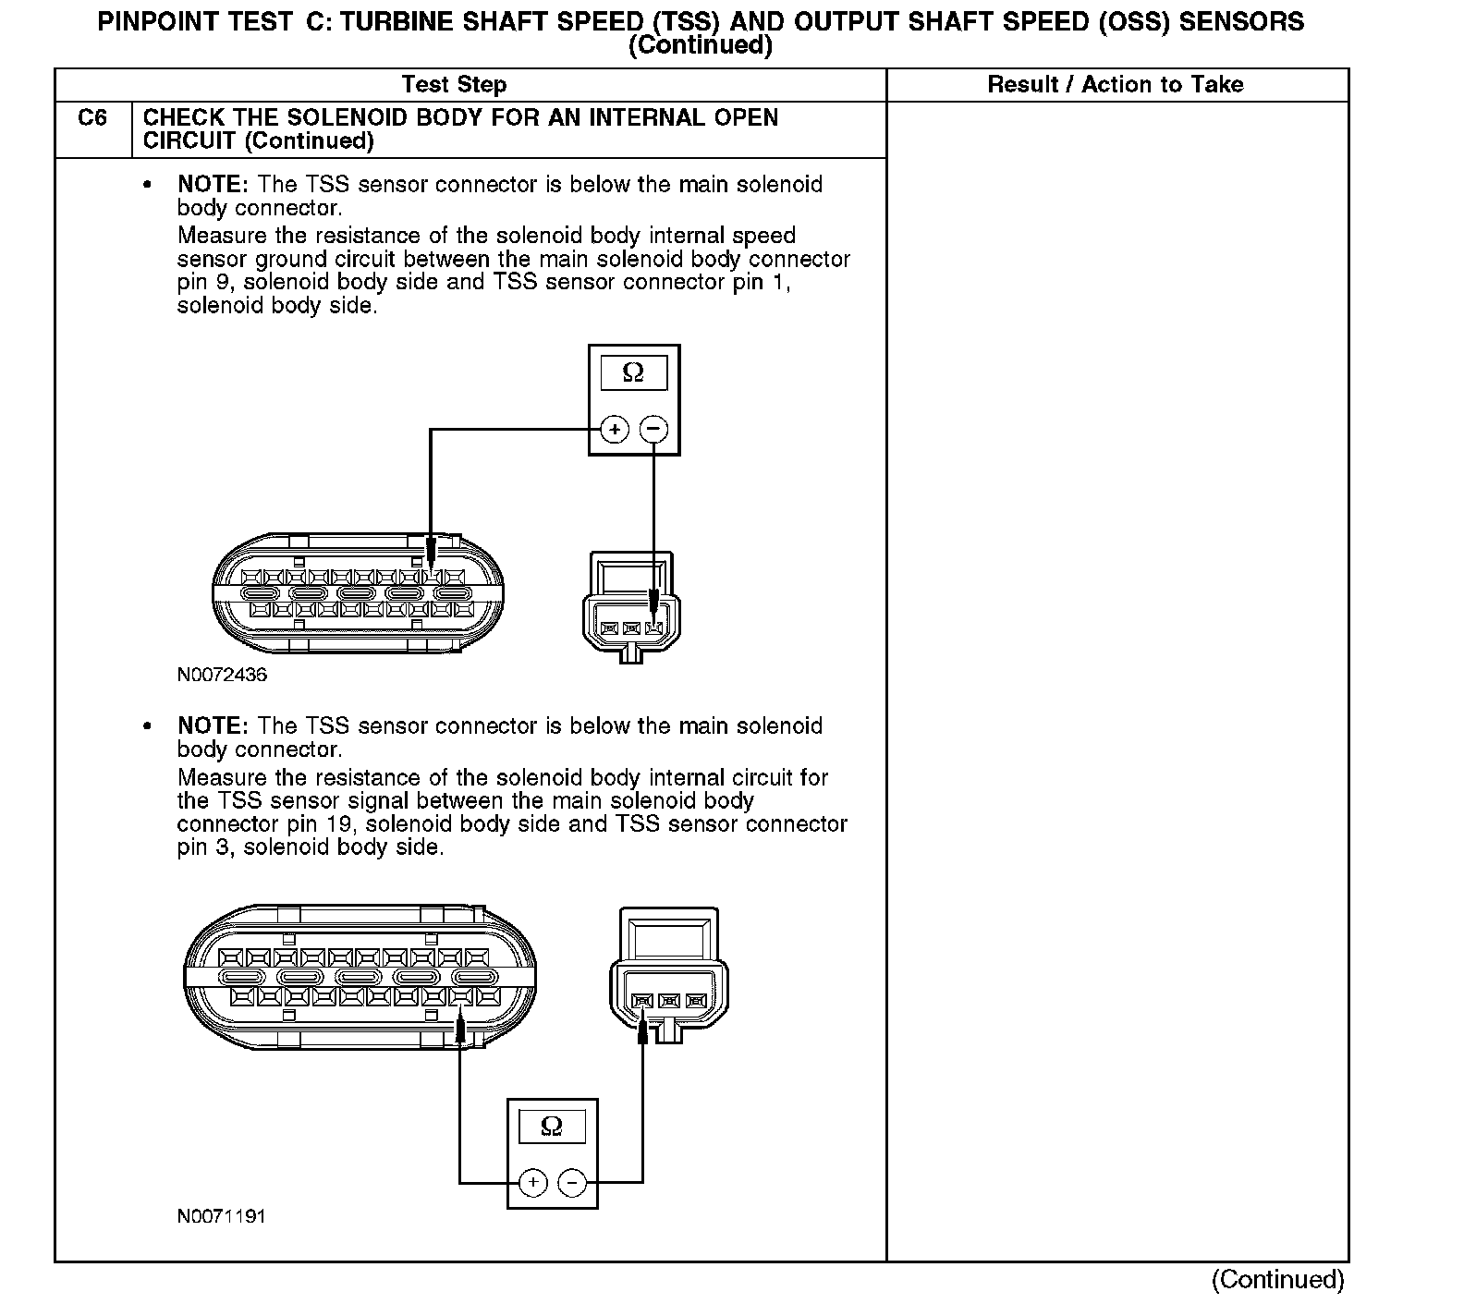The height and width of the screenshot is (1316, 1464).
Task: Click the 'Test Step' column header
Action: pos(454,85)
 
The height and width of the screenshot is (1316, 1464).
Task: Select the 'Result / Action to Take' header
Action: pos(1116,85)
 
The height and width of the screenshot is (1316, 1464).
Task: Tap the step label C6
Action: pos(92,118)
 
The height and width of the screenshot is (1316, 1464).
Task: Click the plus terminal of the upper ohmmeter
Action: pos(615,429)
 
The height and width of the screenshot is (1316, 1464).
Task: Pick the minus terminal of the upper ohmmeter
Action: pos(653,429)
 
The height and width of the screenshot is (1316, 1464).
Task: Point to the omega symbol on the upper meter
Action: pos(633,372)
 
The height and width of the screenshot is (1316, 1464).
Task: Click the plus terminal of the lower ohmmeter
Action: pos(533,1182)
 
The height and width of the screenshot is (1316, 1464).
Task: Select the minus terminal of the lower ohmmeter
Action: pos(572,1182)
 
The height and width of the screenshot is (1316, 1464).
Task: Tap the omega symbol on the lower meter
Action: pos(552,1126)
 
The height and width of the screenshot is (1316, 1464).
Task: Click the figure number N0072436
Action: pos(222,675)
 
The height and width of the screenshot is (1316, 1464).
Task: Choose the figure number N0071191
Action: pos(222,1215)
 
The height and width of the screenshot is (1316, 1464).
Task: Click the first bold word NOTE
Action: pos(213,185)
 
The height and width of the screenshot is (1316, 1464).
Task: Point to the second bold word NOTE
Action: pos(213,726)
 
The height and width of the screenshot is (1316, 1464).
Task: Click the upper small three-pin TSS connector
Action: pos(631,607)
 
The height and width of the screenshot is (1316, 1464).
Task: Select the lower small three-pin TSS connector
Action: pos(669,975)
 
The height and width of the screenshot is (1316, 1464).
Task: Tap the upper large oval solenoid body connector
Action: pos(358,593)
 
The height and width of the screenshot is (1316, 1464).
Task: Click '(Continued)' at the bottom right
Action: pos(1278,1280)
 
